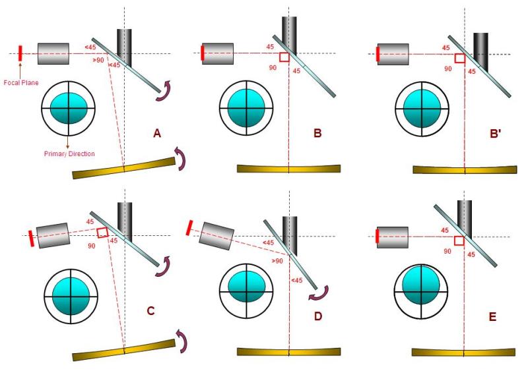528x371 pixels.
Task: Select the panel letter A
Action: click(x=156, y=134)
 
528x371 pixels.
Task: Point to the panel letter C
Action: click(x=150, y=310)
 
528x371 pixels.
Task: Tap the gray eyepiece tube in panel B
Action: click(x=218, y=53)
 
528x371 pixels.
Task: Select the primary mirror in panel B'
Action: click(x=465, y=169)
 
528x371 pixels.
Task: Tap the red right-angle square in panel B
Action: click(x=284, y=58)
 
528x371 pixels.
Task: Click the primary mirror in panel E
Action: click(x=463, y=351)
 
